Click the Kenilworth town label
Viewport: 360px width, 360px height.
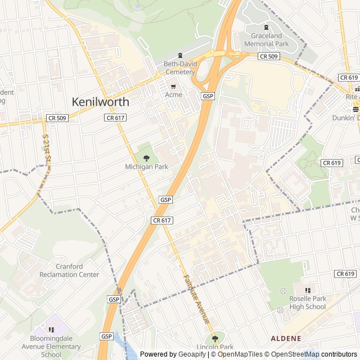100,102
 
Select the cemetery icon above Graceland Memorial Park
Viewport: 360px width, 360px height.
267,28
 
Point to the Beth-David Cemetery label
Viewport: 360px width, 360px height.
179,68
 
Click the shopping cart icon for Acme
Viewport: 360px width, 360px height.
173,86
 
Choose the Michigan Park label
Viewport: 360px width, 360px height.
146,167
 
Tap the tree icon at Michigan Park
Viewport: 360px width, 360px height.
146,158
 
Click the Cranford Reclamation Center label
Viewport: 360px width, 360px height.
69,271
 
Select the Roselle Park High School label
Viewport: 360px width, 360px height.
308,302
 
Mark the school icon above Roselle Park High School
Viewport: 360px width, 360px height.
308,290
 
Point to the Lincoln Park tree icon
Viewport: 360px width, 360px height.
214,338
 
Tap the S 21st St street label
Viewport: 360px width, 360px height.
47,148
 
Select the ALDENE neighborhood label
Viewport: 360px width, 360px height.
286,338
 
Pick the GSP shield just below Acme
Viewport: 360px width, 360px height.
208,96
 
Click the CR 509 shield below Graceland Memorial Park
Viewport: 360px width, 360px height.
268,56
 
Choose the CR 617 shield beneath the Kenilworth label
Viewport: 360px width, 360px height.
115,118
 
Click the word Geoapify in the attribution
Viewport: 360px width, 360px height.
192,354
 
